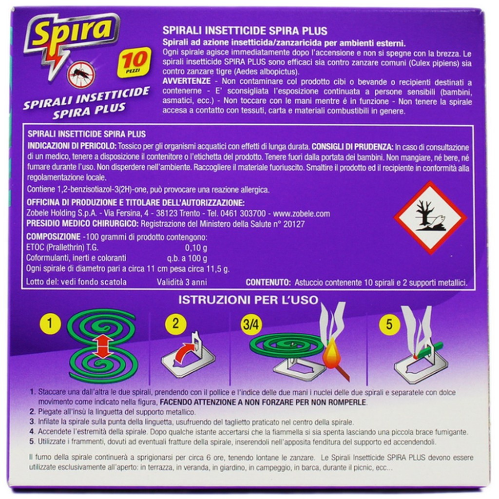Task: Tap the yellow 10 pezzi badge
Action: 134,62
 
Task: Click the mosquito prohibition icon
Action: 81,75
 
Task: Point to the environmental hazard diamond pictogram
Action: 430,218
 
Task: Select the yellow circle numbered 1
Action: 50,324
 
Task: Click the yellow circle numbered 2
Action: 175,324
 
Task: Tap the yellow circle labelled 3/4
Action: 251,324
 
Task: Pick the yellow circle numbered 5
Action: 389,324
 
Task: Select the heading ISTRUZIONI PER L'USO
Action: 248,300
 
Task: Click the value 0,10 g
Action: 196,248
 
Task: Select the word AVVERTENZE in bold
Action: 187,81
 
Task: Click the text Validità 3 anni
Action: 181,282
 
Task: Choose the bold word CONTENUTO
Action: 269,282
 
